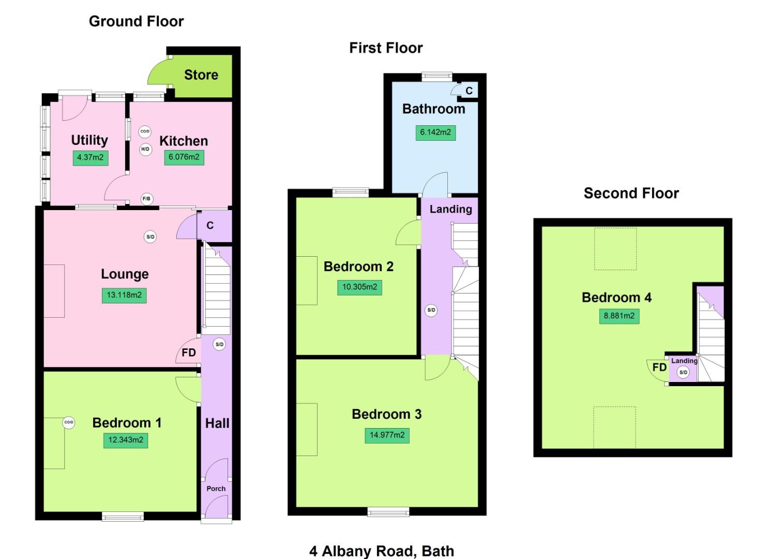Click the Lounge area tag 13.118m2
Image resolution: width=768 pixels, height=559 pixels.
pyautogui.click(x=124, y=296)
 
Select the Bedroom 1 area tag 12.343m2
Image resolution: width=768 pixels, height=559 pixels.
pyautogui.click(x=126, y=440)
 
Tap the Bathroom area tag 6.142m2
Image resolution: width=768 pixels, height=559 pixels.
pyautogui.click(x=435, y=133)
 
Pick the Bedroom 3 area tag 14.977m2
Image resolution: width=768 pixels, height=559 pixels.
pyautogui.click(x=387, y=435)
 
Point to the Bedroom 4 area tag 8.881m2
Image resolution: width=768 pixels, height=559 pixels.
pyautogui.click(x=619, y=316)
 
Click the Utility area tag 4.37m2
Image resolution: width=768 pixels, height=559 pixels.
pyautogui.click(x=91, y=157)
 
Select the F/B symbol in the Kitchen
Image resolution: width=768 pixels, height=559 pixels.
pyautogui.click(x=146, y=199)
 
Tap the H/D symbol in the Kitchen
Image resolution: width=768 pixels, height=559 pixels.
pyautogui.click(x=145, y=150)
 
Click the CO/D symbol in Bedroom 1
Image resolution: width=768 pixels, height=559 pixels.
pyautogui.click(x=69, y=422)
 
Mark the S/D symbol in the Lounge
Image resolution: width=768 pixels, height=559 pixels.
pyautogui.click(x=150, y=237)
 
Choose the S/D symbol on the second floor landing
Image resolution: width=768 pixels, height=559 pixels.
pyautogui.click(x=683, y=372)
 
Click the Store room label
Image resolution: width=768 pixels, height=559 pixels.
pyautogui.click(x=201, y=75)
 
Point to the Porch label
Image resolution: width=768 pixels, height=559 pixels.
pyautogui.click(x=216, y=489)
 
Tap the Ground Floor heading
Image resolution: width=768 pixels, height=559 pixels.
pyautogui.click(x=136, y=21)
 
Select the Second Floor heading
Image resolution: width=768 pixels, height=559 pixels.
pyautogui.click(x=631, y=194)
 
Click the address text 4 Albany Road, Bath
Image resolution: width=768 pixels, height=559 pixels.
pyautogui.click(x=382, y=551)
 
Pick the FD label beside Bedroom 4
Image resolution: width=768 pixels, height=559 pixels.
pyautogui.click(x=659, y=367)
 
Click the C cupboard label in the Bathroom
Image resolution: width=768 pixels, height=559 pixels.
pyautogui.click(x=469, y=91)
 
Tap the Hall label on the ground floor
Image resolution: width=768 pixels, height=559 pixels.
pyautogui.click(x=217, y=423)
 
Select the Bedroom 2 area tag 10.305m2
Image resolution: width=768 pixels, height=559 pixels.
pyautogui.click(x=359, y=287)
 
